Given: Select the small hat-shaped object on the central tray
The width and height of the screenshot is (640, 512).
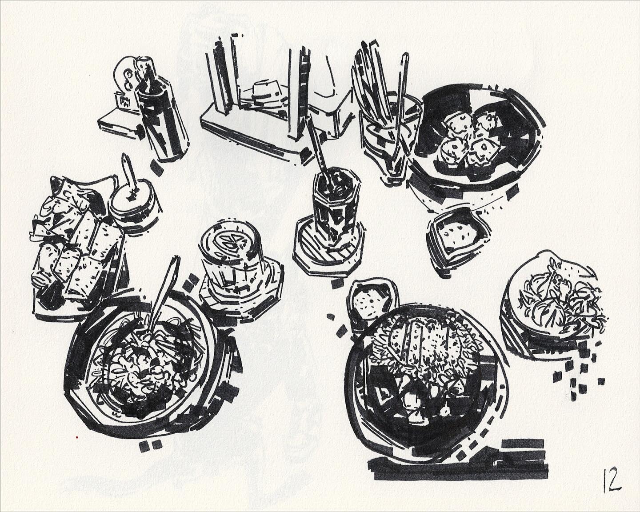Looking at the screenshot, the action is point(265,90).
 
